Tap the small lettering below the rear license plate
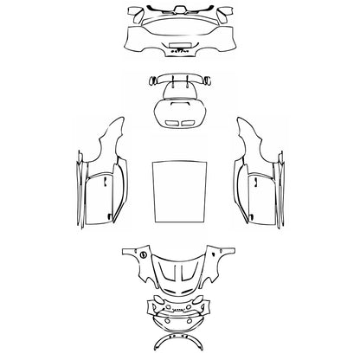click(181, 52)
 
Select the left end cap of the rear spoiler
click(154, 79)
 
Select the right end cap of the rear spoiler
click(208, 79)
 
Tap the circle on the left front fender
click(139, 256)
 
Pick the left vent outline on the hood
click(170, 276)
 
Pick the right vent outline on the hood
click(192, 276)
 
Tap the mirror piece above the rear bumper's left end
click(136, 15)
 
